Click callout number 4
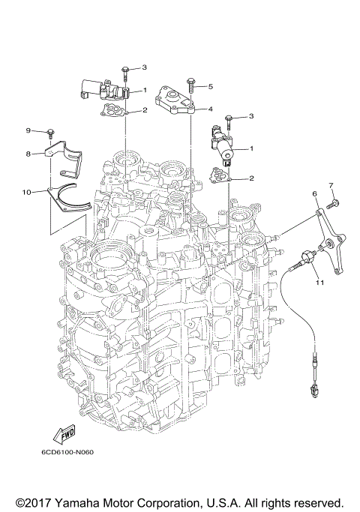[211, 109]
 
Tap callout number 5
[211, 86]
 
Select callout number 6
[315, 193]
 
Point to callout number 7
[329, 184]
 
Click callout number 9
[28, 131]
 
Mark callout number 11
[319, 283]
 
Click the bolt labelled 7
[334, 202]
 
